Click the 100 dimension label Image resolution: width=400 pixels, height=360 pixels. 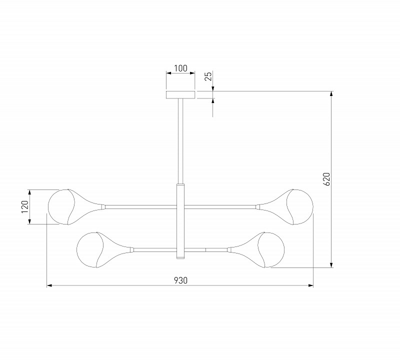[x=180, y=68]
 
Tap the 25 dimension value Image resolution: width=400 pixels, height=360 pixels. [x=208, y=76]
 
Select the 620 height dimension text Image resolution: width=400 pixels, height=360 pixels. [x=326, y=179]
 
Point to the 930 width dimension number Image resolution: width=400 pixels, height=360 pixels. [x=180, y=280]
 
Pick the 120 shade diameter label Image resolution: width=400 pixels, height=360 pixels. [x=24, y=206]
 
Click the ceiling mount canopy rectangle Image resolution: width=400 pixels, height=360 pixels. [x=180, y=94]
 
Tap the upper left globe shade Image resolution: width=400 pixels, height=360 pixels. [x=61, y=207]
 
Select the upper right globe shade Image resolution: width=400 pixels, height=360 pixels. [x=299, y=207]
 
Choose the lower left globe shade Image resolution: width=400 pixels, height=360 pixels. [x=90, y=250]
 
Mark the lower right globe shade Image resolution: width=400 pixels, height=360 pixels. [x=271, y=250]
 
